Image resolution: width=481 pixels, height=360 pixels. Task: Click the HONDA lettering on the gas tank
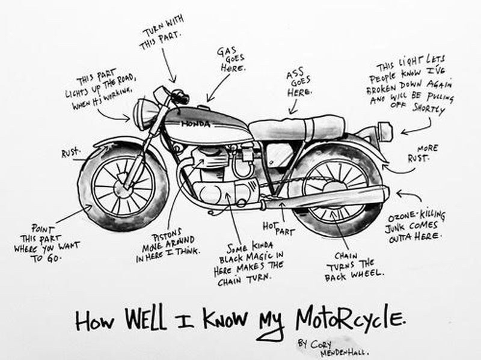[196, 124]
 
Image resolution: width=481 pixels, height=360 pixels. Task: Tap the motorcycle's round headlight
[145, 112]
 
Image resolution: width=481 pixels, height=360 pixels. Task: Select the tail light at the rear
[385, 132]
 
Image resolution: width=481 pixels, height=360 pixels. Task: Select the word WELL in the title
[146, 319]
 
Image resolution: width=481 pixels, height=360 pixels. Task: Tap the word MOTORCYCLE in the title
[351, 319]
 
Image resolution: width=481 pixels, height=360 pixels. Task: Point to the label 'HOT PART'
[278, 228]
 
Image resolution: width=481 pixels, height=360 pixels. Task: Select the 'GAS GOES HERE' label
[231, 59]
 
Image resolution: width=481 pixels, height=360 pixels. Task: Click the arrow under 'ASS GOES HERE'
[294, 106]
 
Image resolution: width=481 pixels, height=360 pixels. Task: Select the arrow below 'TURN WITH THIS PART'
[168, 66]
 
